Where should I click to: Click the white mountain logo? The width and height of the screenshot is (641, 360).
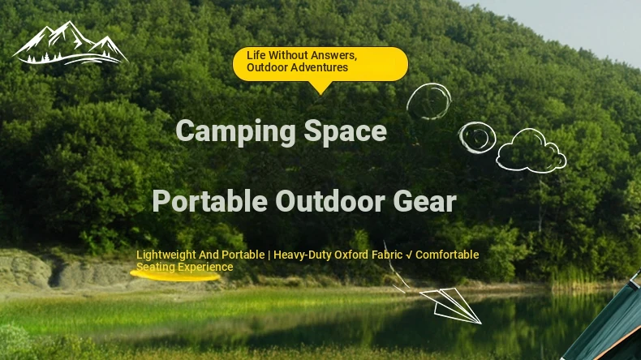pos(71,44)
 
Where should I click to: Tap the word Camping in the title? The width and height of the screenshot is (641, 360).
pos(235,131)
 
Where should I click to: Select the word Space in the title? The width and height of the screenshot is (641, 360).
pos(345,131)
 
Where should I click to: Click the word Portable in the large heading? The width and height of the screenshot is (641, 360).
pos(209,201)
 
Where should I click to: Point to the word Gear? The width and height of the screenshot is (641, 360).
pos(424,201)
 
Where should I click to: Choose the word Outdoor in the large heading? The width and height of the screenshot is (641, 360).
pos(330,201)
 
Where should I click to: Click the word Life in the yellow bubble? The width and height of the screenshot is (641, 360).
pos(256,55)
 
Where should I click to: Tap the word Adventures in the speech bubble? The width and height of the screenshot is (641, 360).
pos(323,67)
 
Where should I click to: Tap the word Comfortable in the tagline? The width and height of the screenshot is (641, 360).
pos(447,255)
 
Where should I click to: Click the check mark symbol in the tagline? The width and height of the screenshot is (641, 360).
pos(409,255)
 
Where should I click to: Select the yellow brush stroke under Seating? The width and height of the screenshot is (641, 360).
pos(175,276)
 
